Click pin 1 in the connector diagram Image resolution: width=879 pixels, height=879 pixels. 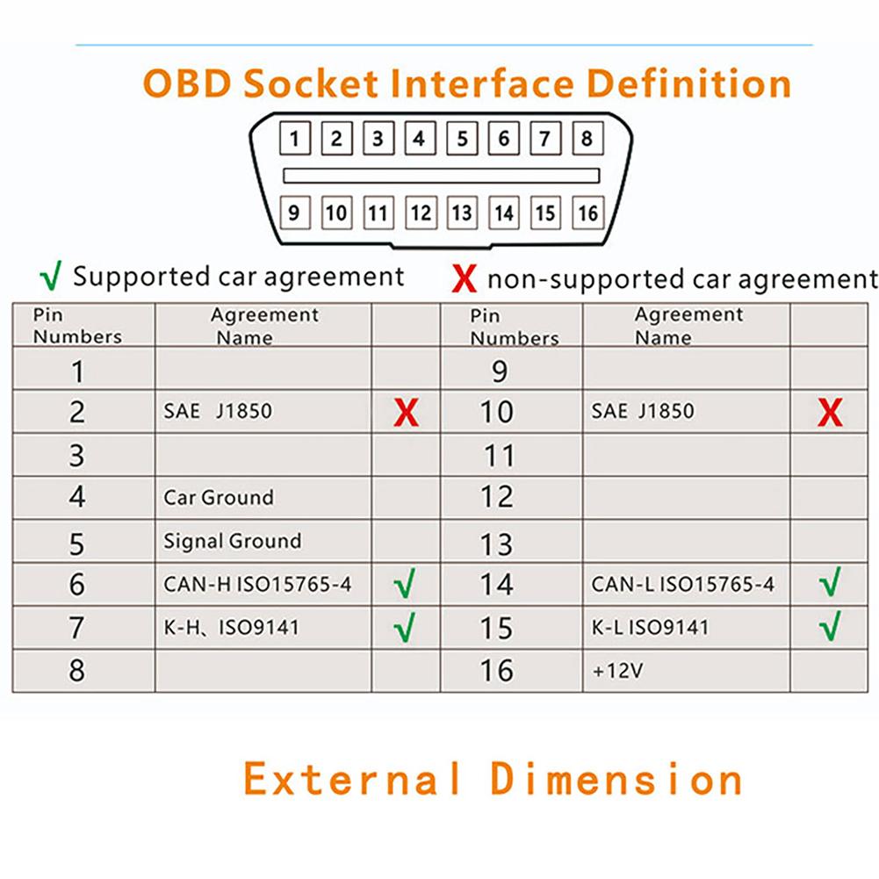click(294, 138)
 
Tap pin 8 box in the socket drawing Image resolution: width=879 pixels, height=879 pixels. click(587, 138)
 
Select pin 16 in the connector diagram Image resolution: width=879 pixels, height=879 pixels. click(587, 213)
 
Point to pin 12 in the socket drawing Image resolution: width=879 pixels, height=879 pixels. click(421, 213)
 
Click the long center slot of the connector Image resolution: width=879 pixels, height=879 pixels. click(441, 176)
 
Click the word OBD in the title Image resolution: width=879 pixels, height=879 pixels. click(187, 84)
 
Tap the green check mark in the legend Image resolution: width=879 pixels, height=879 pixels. click(52, 277)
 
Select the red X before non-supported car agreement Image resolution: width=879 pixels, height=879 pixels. click(464, 280)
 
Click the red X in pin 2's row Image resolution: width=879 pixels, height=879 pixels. click(405, 412)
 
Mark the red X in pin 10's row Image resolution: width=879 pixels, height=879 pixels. click(830, 412)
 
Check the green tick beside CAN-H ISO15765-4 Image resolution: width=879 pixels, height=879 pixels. click(405, 584)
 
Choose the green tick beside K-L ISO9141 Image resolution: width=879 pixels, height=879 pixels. click(830, 627)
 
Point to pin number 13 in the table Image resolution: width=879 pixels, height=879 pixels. click(497, 544)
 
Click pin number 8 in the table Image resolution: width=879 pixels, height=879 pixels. click(77, 671)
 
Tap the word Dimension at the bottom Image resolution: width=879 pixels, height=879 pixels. click(616, 779)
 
